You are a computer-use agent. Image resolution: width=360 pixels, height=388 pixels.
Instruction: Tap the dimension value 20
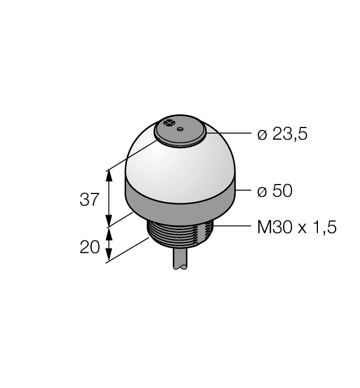pos(90,247)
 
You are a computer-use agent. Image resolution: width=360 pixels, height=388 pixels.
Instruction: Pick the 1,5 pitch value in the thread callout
pos(324,228)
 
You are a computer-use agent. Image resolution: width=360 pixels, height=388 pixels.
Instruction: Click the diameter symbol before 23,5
pos(263,135)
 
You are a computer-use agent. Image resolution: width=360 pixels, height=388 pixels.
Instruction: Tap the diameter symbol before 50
pos(263,192)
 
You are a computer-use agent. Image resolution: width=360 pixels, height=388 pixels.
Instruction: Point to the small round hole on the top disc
pos(180,130)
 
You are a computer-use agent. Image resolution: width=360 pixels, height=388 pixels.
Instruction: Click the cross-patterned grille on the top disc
pos(169,123)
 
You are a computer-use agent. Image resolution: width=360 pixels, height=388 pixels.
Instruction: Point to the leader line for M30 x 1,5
pos(233,226)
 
